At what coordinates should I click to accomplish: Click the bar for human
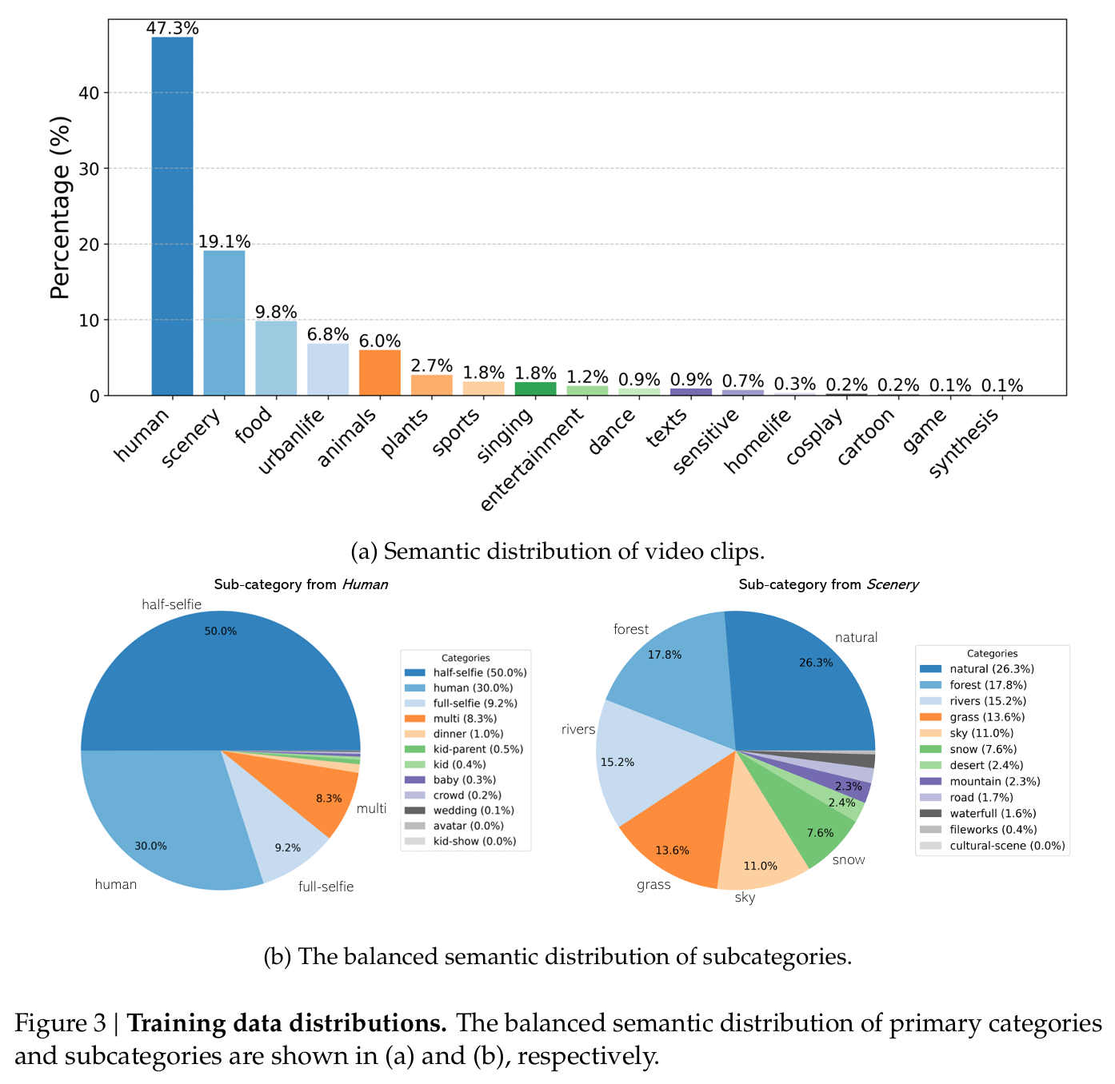click(172, 216)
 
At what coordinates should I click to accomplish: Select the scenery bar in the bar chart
click(224, 323)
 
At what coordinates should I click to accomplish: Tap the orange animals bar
click(380, 373)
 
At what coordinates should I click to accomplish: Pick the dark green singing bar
click(535, 389)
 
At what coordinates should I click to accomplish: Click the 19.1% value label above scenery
click(224, 241)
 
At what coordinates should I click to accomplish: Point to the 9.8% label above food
click(276, 312)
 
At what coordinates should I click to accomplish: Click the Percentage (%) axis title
click(61, 208)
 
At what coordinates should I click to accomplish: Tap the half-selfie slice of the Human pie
click(220, 679)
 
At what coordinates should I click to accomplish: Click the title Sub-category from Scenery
click(828, 584)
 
